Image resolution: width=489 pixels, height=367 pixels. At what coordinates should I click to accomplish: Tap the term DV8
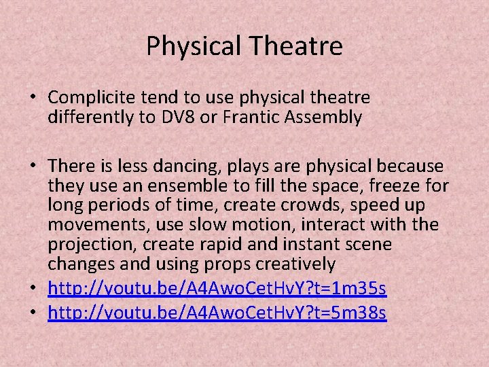tap(181, 118)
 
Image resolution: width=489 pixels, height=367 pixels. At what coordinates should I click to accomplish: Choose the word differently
tap(92, 118)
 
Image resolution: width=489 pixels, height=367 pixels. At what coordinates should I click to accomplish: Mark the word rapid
tap(206, 243)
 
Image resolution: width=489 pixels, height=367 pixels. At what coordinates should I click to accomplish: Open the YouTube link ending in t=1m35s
tap(217, 290)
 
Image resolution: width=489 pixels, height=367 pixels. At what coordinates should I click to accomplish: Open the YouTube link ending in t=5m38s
tap(217, 313)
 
